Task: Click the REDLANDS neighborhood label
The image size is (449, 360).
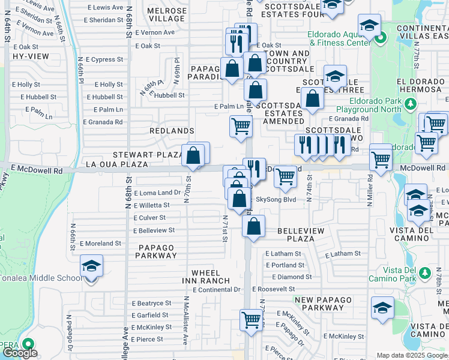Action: click(x=172, y=131)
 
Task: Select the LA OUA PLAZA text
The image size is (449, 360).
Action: click(x=117, y=164)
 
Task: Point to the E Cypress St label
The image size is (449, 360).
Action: click(x=104, y=60)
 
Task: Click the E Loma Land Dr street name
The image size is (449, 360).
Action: click(x=157, y=193)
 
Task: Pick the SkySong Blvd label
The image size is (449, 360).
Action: click(x=276, y=199)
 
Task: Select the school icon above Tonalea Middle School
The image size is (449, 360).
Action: click(x=91, y=265)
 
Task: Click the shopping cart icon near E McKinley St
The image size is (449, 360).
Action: click(x=251, y=319)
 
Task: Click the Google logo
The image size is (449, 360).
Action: click(x=20, y=353)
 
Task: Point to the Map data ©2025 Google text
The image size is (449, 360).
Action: click(x=412, y=355)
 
